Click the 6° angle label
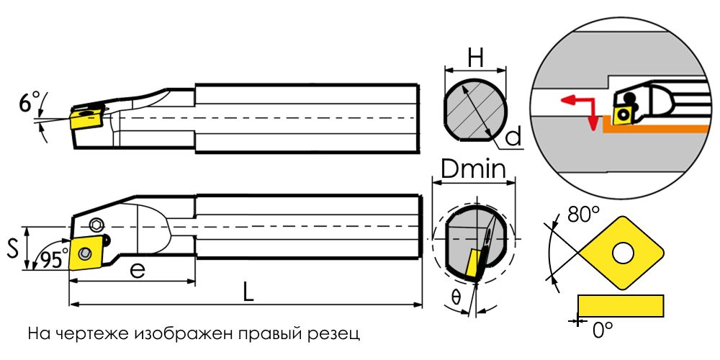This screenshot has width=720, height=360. (x=29, y=103)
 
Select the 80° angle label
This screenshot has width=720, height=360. (x=584, y=215)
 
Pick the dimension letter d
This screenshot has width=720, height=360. (x=513, y=137)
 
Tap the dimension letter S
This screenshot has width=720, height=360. (x=14, y=249)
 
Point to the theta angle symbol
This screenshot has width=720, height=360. (x=456, y=297)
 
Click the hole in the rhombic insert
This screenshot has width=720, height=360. (x=622, y=253)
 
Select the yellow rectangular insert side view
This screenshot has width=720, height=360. (x=621, y=305)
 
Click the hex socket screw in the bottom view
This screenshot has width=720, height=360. (x=96, y=224)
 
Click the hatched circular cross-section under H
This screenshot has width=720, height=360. (x=475, y=110)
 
